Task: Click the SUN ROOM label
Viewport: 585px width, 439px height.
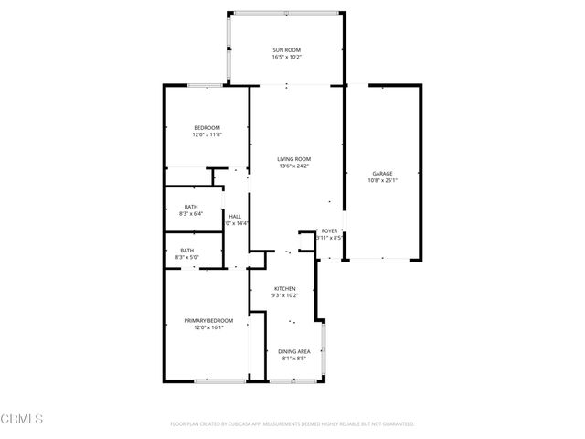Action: point(286,49)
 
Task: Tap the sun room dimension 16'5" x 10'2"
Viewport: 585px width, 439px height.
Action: point(286,58)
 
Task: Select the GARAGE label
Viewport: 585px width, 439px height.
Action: point(382,173)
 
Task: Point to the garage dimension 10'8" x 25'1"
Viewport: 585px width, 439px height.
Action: point(382,181)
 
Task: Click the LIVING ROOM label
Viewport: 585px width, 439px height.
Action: point(293,158)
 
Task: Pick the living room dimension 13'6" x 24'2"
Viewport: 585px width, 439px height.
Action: point(293,166)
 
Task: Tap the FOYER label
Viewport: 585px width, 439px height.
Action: point(329,231)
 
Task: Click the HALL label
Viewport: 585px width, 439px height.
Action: point(235,216)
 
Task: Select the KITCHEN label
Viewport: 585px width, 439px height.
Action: point(285,288)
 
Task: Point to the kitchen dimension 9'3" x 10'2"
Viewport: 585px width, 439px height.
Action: point(285,296)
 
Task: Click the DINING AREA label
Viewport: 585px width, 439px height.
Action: point(292,350)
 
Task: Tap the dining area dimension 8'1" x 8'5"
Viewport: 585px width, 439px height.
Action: point(292,359)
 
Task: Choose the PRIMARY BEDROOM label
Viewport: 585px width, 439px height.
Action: point(208,320)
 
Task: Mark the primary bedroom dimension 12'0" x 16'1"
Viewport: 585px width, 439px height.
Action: point(208,327)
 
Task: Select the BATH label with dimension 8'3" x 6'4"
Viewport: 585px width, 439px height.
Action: point(190,207)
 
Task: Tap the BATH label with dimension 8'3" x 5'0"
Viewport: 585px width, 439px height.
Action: point(186,251)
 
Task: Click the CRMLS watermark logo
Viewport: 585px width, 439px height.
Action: point(23,419)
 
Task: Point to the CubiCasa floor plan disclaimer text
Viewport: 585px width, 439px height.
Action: point(292,424)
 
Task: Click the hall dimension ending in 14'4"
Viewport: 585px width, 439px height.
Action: point(236,223)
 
